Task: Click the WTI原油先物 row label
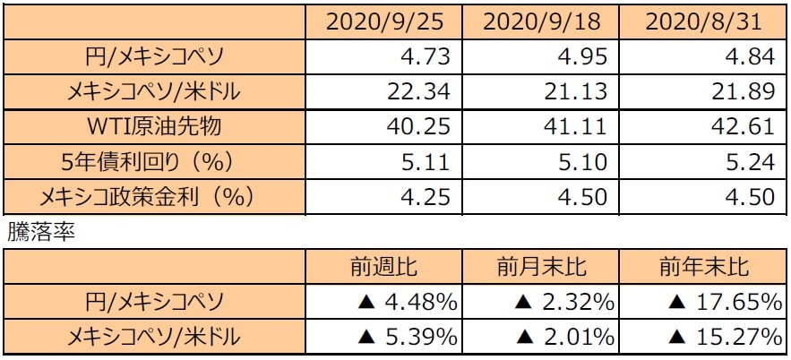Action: click(x=152, y=125)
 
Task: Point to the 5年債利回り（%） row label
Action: click(x=152, y=160)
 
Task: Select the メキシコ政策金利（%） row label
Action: click(x=152, y=195)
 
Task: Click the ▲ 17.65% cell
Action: click(x=717, y=303)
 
